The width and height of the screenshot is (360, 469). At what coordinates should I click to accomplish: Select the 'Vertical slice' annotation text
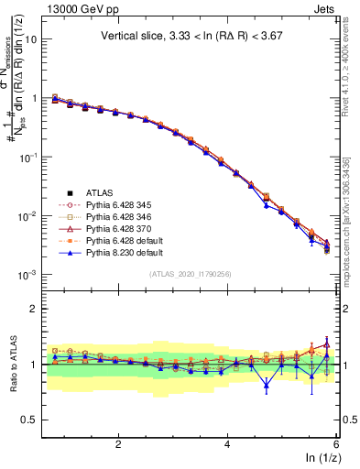[191, 36]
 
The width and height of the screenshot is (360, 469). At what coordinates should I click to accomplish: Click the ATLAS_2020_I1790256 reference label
[190, 273]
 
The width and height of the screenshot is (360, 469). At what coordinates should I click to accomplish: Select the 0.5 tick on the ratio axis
[29, 420]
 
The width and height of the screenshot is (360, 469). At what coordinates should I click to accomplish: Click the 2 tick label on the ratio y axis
[33, 309]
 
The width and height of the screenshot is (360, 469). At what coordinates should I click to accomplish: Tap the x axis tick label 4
[227, 444]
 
